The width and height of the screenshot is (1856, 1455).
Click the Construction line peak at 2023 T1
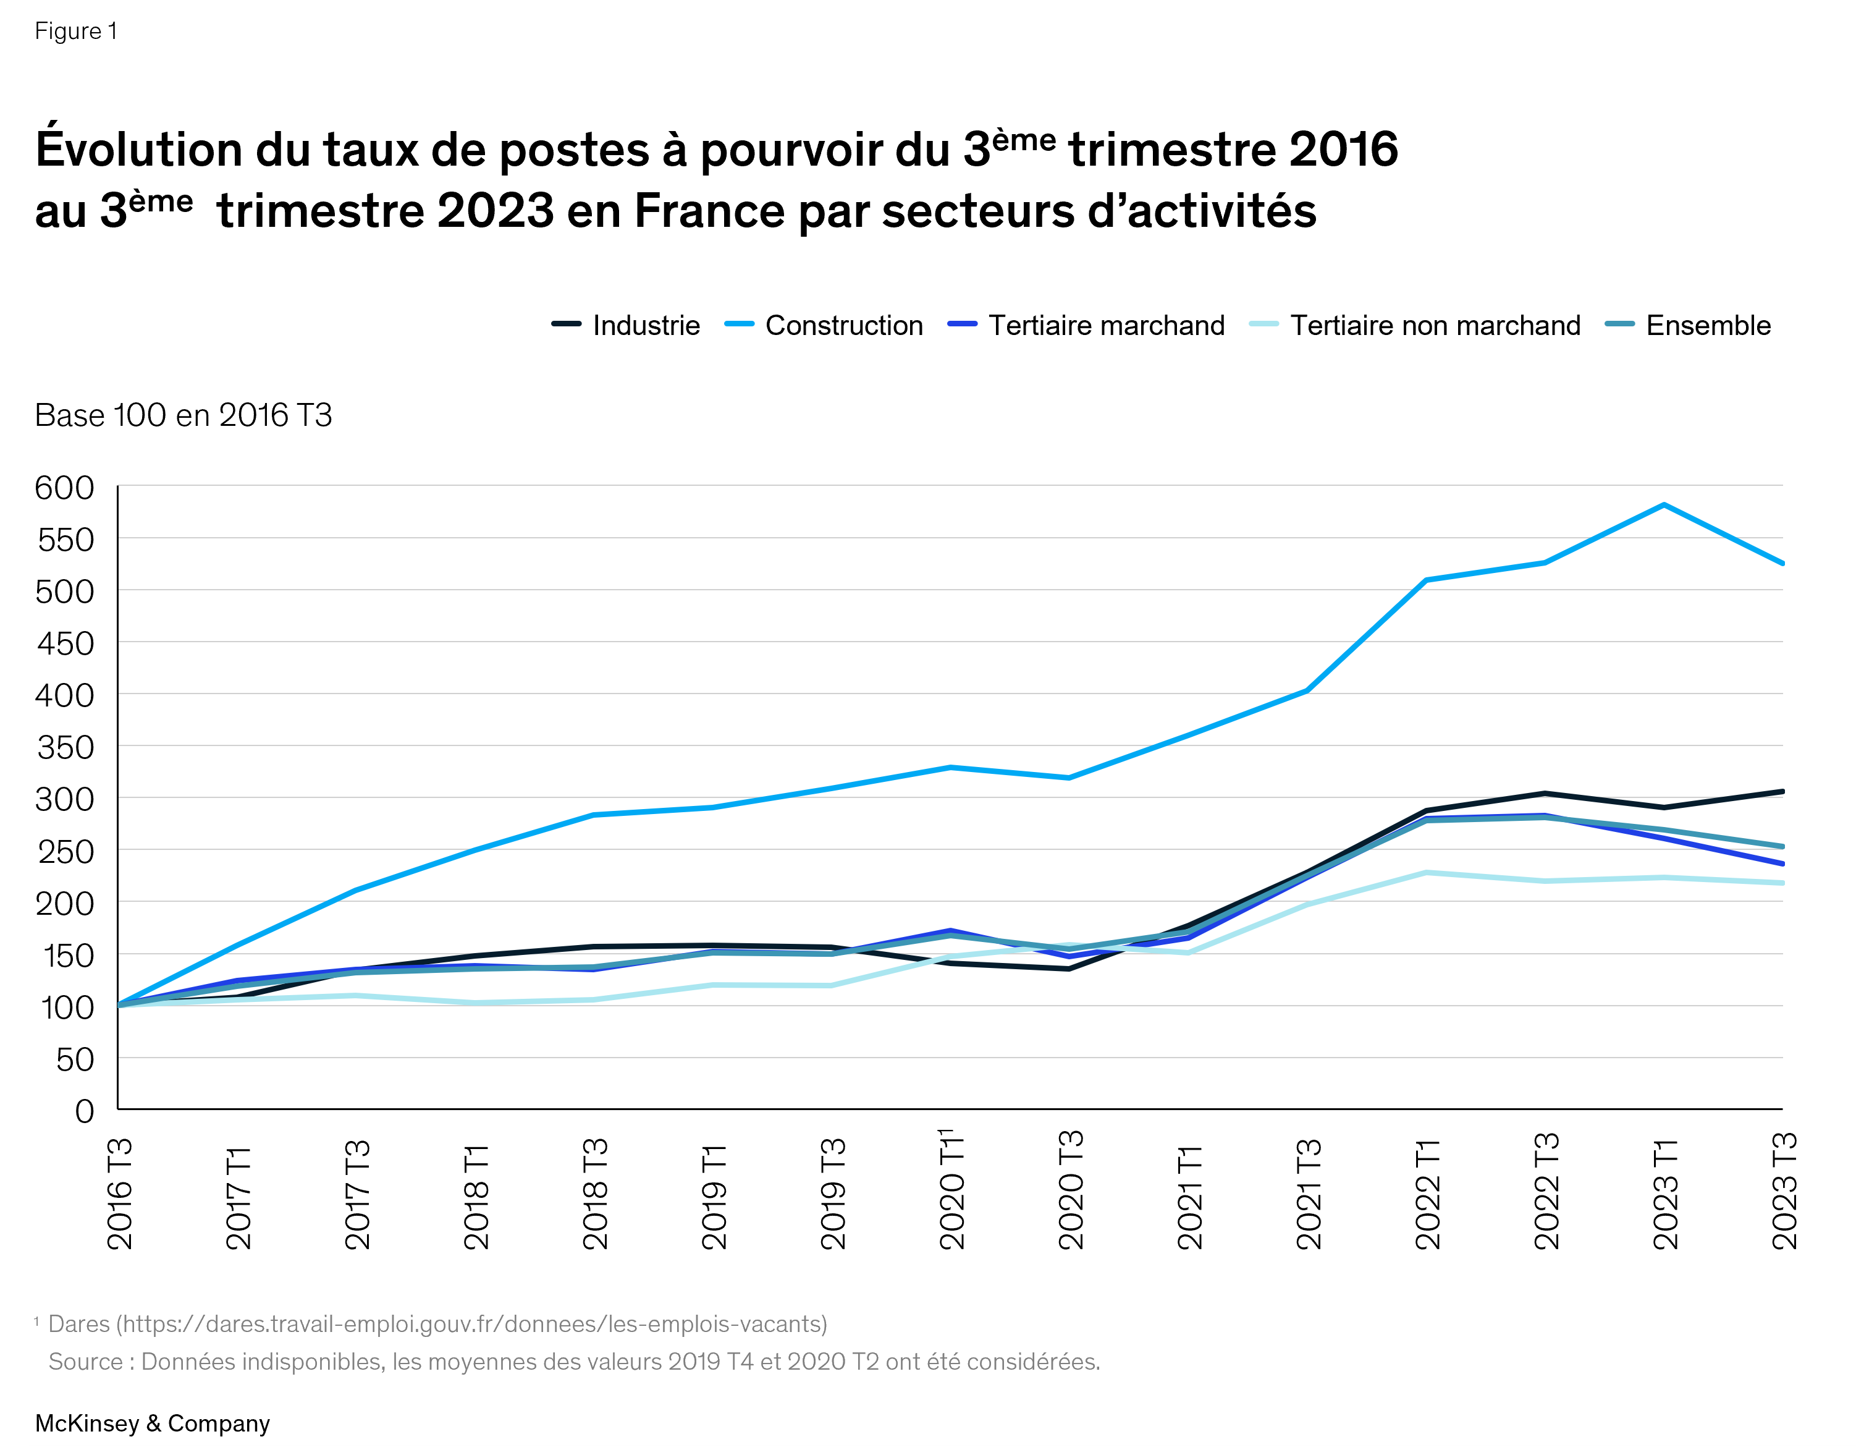[x=1664, y=505]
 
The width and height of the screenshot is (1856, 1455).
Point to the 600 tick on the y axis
[x=65, y=488]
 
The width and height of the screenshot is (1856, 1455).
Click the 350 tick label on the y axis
[x=65, y=748]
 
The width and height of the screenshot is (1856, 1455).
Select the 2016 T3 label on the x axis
[x=120, y=1194]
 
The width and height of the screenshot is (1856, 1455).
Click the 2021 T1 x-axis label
[x=1190, y=1197]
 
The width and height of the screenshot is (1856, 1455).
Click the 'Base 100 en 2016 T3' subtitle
[x=183, y=416]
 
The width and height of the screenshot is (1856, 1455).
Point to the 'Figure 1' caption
[x=76, y=32]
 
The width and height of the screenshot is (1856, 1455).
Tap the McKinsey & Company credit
[x=153, y=1423]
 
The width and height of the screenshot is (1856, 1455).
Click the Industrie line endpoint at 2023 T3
[x=1781, y=791]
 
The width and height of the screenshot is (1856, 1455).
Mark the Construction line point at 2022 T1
[x=1426, y=580]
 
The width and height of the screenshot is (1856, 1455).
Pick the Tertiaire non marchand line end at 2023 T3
[x=1781, y=883]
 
